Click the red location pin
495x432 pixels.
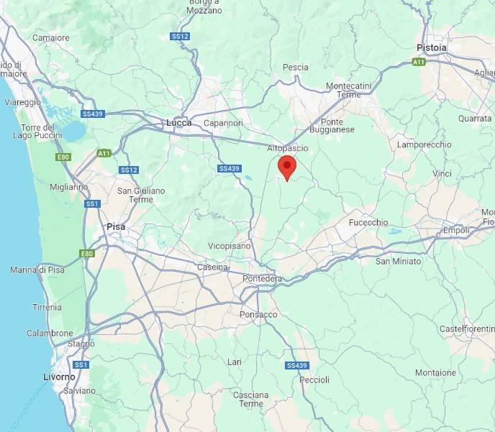287,167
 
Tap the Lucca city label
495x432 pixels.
178,123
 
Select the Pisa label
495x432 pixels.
115,226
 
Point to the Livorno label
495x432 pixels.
58,377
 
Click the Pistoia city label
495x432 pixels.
431,47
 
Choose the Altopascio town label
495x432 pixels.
287,148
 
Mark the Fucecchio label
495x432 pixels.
368,223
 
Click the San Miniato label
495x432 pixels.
398,261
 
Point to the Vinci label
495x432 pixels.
442,174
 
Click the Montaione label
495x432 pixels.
435,373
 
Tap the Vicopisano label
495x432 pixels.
230,246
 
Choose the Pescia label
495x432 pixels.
295,68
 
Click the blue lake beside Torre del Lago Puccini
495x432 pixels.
73,131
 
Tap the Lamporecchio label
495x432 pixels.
424,145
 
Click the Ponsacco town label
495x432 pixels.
258,315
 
